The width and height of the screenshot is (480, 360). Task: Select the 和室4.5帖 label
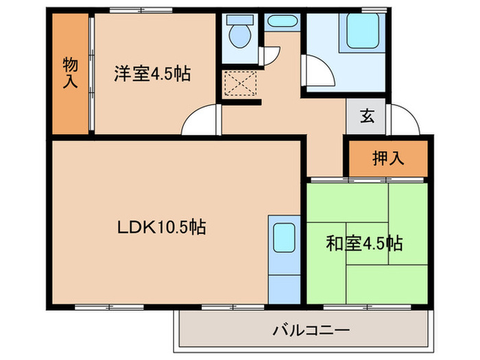(x=363, y=243)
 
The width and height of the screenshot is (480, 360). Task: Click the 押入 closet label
(x=388, y=158)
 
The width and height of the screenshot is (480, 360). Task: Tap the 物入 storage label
(x=70, y=73)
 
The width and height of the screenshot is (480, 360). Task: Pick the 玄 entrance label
(x=368, y=116)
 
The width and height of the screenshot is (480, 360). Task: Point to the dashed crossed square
(x=241, y=84)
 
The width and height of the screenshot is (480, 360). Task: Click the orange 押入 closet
(x=388, y=158)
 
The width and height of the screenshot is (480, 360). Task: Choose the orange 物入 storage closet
(x=70, y=73)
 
